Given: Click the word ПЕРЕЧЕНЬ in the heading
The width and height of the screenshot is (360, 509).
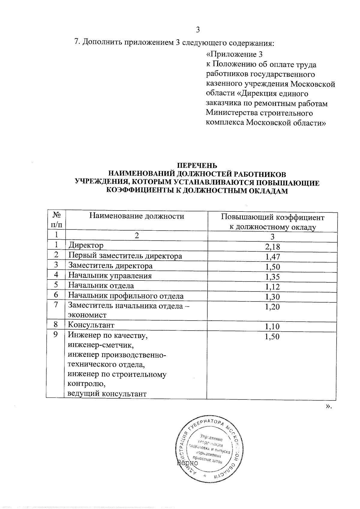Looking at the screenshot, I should pyautogui.click(x=197, y=166).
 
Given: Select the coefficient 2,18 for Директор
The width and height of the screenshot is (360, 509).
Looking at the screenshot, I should pyautogui.click(x=272, y=247).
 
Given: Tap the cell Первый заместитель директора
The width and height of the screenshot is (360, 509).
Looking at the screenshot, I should pyautogui.click(x=125, y=256).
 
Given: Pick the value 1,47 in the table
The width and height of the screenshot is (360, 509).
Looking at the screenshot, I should pyautogui.click(x=272, y=257).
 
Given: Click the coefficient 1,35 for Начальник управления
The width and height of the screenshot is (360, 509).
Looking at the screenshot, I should pyautogui.click(x=272, y=277).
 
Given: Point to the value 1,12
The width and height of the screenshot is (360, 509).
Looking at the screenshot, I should pyautogui.click(x=272, y=287).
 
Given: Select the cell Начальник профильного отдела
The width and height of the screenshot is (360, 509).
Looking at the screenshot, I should pyautogui.click(x=126, y=296).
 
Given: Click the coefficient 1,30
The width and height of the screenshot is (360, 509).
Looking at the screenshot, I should pyautogui.click(x=272, y=297).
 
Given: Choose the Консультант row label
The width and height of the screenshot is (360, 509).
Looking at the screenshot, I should pyautogui.click(x=91, y=325).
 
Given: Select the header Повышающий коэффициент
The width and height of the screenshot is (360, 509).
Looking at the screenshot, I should pyautogui.click(x=272, y=217).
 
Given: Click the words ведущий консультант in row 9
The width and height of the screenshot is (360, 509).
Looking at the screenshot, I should pyautogui.click(x=107, y=394).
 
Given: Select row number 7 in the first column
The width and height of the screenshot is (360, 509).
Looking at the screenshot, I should pyautogui.click(x=56, y=305).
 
